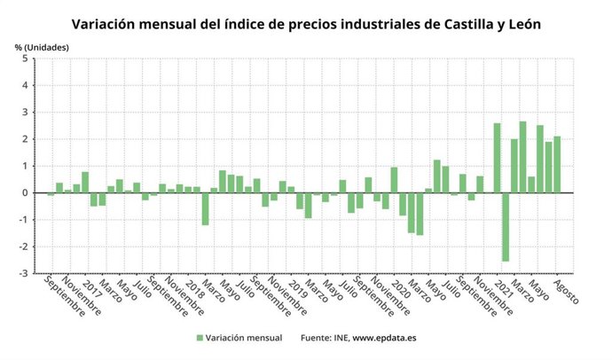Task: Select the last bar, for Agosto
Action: [557, 164]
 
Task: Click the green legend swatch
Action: [200, 338]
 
